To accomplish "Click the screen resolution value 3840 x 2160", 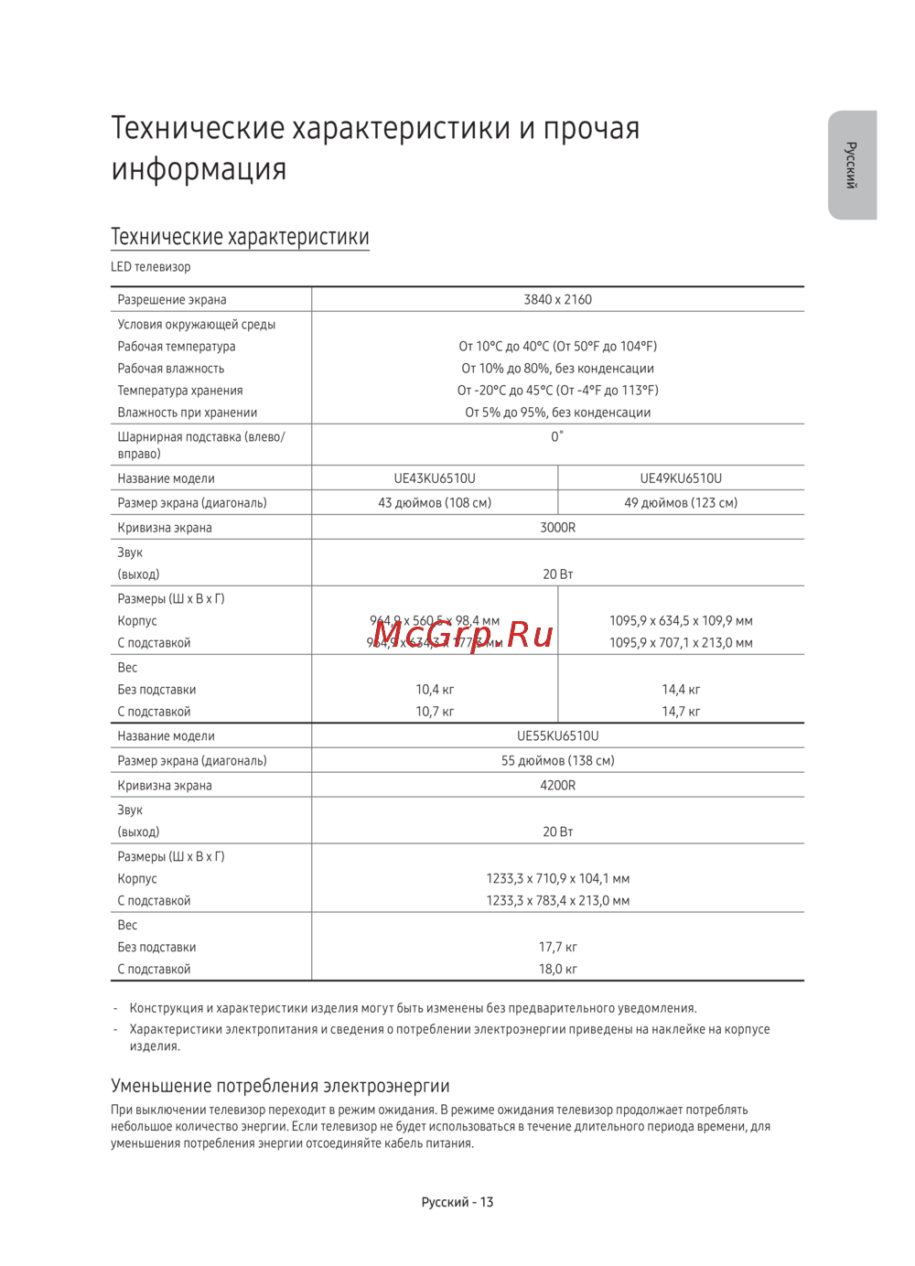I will [557, 299].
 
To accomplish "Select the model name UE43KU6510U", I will [435, 478].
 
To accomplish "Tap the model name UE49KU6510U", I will [681, 478].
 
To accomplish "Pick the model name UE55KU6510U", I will [557, 735].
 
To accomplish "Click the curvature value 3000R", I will [557, 528].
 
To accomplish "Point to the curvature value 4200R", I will [557, 785].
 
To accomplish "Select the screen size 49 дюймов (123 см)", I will [681, 502].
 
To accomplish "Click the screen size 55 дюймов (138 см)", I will [557, 760].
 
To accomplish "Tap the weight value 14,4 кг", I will [681, 690].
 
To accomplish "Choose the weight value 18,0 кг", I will [557, 969].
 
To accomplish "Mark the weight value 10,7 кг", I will [435, 712].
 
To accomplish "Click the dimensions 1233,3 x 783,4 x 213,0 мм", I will [557, 900].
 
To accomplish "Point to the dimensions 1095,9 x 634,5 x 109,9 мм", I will [681, 620].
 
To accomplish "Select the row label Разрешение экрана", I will [172, 299].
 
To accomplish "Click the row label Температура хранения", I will [180, 391].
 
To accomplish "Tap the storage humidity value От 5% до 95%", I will [557, 413].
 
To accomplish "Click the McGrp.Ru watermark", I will [463, 633].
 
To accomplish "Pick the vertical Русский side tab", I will [852, 165].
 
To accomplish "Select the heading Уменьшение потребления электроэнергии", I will [280, 1086].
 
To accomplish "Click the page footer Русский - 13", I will [457, 1202].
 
